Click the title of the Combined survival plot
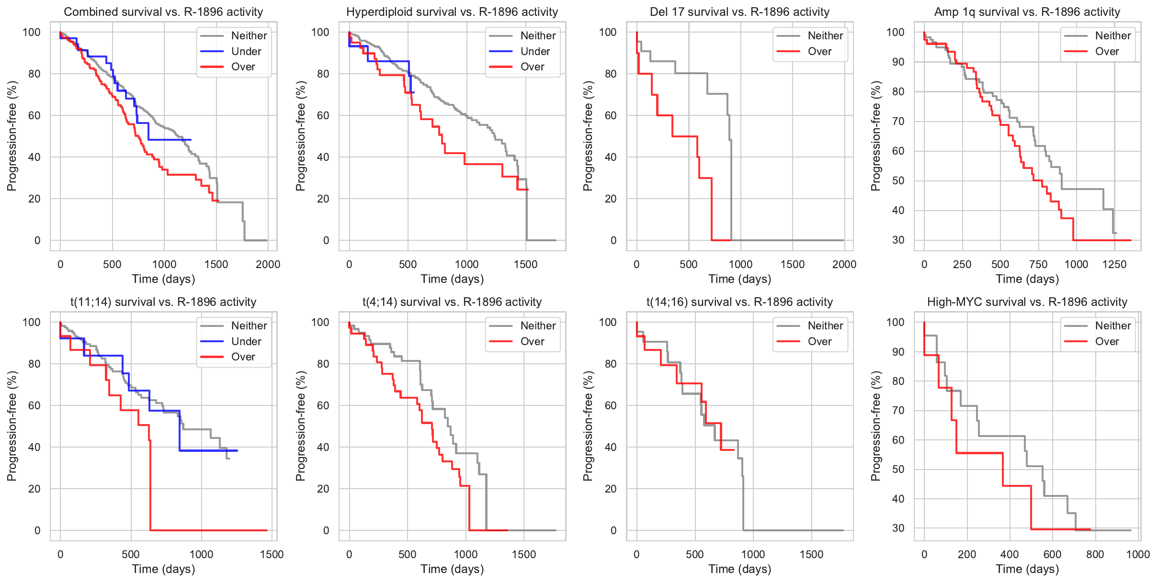(163, 12)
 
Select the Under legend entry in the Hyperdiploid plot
(535, 51)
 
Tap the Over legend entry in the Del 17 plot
(819, 51)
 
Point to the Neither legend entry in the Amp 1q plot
(1113, 35)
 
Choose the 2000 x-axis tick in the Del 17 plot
(844, 264)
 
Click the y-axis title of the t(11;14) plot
(12, 426)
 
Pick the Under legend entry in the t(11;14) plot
(246, 341)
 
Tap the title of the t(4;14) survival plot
(452, 302)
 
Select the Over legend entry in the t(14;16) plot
(819, 341)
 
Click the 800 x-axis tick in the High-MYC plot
(1095, 554)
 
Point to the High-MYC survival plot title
(1027, 302)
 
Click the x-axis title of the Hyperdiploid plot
(452, 279)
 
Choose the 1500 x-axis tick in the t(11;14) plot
(272, 554)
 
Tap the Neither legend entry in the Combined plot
(249, 35)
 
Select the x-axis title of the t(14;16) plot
(739, 569)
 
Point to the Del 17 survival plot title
(739, 12)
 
